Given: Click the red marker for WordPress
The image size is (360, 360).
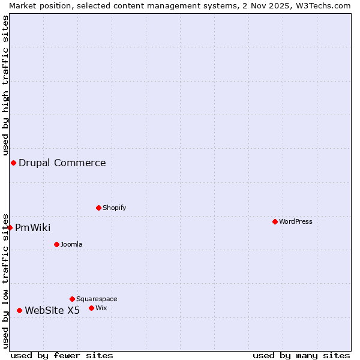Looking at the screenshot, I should click(x=275, y=221).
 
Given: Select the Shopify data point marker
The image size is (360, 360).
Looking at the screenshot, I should click(x=98, y=208).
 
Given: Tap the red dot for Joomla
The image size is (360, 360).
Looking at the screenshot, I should click(x=56, y=244).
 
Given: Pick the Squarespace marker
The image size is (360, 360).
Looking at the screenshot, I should click(x=72, y=299).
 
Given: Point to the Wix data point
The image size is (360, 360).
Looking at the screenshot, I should click(x=91, y=308).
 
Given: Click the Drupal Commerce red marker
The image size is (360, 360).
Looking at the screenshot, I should click(x=13, y=163).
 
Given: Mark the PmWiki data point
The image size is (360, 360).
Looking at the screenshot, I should click(x=10, y=227).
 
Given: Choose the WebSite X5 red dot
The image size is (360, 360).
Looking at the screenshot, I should click(x=19, y=310).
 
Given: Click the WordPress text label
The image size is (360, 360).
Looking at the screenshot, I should click(x=296, y=221).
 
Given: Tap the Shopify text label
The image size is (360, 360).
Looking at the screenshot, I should click(x=114, y=208).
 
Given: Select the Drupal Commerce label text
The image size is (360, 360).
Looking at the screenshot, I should click(x=62, y=163).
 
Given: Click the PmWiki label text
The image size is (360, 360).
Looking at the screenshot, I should click(x=33, y=227).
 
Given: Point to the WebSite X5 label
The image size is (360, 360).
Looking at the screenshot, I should click(x=52, y=310).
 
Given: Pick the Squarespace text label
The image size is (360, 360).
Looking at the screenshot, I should click(x=97, y=299).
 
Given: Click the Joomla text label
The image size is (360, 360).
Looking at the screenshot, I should click(x=71, y=244).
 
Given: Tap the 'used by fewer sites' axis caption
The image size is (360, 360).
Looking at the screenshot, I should click(x=62, y=355).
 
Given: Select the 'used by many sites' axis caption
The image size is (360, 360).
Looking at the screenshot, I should click(x=301, y=355).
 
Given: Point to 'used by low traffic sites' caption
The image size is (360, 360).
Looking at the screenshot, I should click(x=5, y=280).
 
